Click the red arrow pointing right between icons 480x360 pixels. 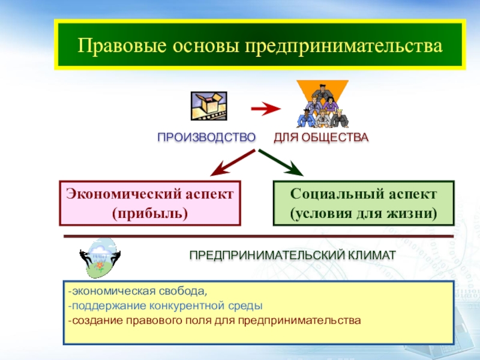point(265,109)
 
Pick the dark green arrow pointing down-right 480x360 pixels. point(282,162)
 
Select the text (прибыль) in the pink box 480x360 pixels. point(150,213)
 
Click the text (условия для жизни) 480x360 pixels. point(363,213)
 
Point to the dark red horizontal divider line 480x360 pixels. point(258,236)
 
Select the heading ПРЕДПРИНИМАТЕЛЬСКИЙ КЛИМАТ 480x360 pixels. point(293,256)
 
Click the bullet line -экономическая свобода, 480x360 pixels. point(137,292)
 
